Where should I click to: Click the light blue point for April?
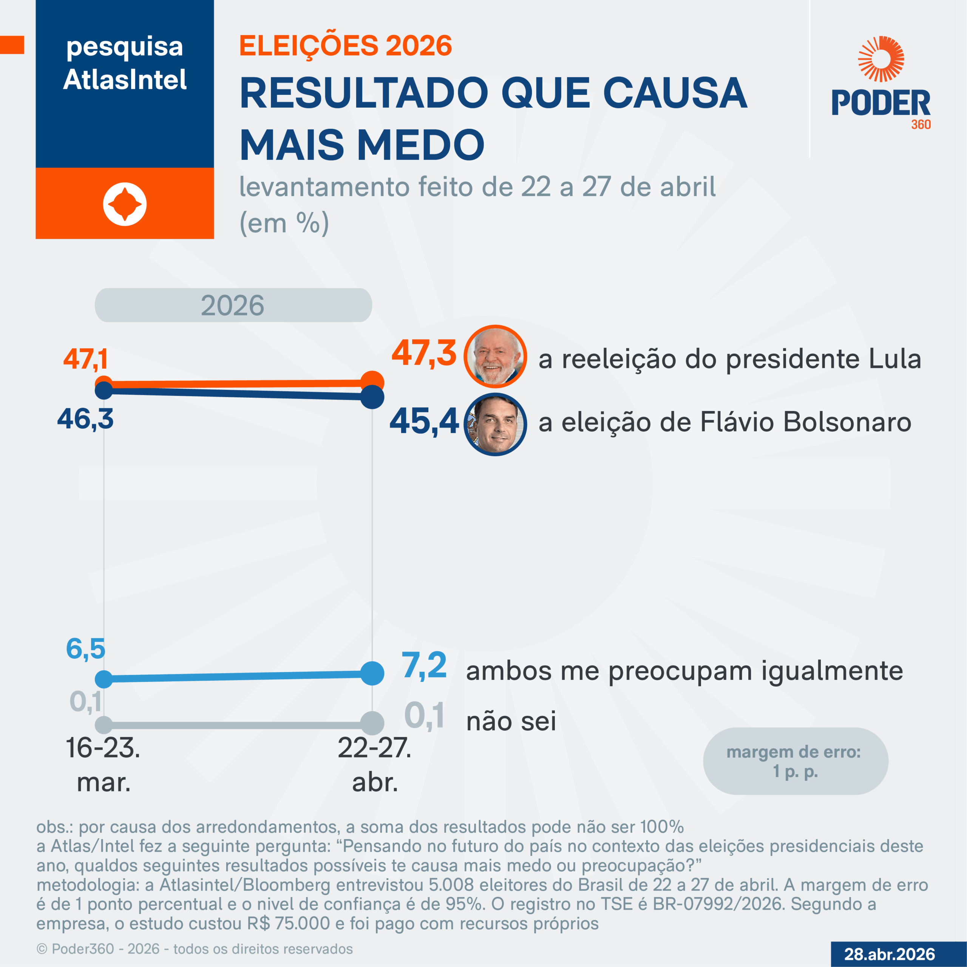click(x=372, y=673)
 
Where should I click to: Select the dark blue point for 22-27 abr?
click(x=372, y=397)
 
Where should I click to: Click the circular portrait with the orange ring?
click(x=495, y=356)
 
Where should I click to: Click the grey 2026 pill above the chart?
click(x=233, y=305)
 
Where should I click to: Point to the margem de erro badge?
click(x=796, y=761)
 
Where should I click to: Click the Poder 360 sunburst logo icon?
click(x=881, y=59)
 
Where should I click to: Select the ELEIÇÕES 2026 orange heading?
click(x=345, y=46)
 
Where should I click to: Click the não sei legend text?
click(x=511, y=721)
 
